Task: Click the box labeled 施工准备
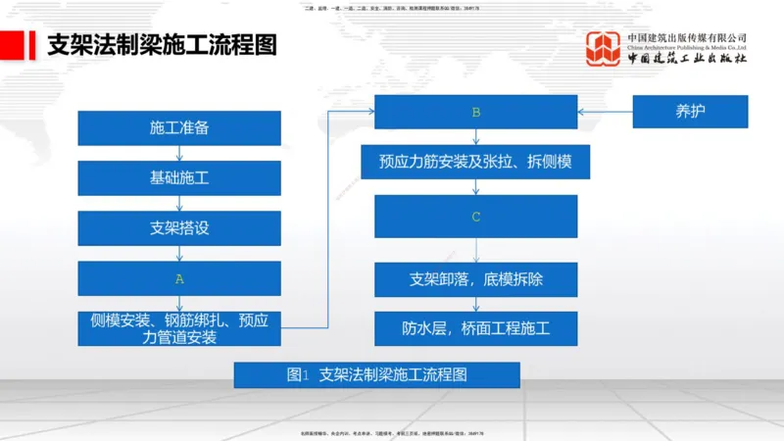[179, 128]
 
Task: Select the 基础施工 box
[179, 178]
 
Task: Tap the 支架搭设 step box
[179, 228]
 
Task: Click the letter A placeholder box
[179, 278]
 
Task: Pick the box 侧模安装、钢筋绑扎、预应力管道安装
[179, 328]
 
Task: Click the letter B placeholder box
[476, 112]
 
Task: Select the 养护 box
[690, 112]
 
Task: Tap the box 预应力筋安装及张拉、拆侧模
[476, 162]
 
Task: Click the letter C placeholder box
[476, 217]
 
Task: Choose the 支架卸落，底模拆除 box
[476, 279]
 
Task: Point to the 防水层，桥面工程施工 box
[476, 328]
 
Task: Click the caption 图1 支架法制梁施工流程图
[376, 375]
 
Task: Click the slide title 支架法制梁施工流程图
[162, 45]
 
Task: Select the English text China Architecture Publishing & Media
[687, 47]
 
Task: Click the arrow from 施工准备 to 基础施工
[179, 154]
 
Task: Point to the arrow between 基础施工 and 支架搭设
[179, 204]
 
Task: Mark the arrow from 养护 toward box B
[605, 112]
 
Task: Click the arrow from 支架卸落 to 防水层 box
[476, 304]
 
